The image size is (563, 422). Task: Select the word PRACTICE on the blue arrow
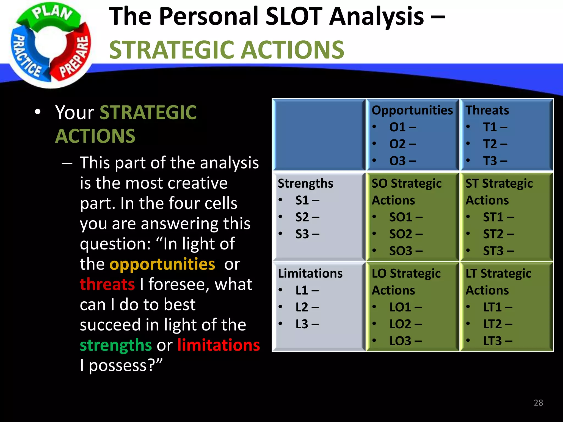point(26,55)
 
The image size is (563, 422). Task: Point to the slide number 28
point(538,403)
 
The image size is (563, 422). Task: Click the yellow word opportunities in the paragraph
point(162,264)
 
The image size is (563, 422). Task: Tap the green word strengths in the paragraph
point(116,345)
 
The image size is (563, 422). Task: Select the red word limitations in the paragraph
point(219,345)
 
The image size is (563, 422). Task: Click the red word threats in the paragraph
point(107,284)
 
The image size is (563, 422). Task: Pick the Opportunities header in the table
point(412,110)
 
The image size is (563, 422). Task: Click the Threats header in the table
point(487,110)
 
